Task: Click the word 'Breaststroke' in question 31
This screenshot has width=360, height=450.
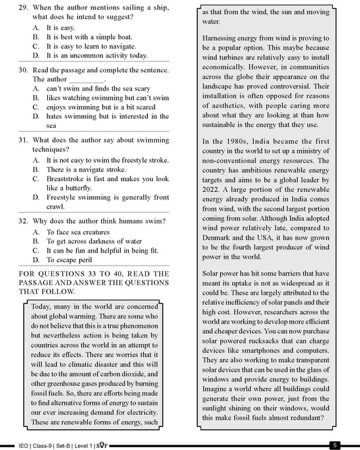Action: pos(69,179)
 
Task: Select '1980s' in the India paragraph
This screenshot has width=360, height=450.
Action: pos(237,141)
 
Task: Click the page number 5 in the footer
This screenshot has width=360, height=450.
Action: pos(335,445)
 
